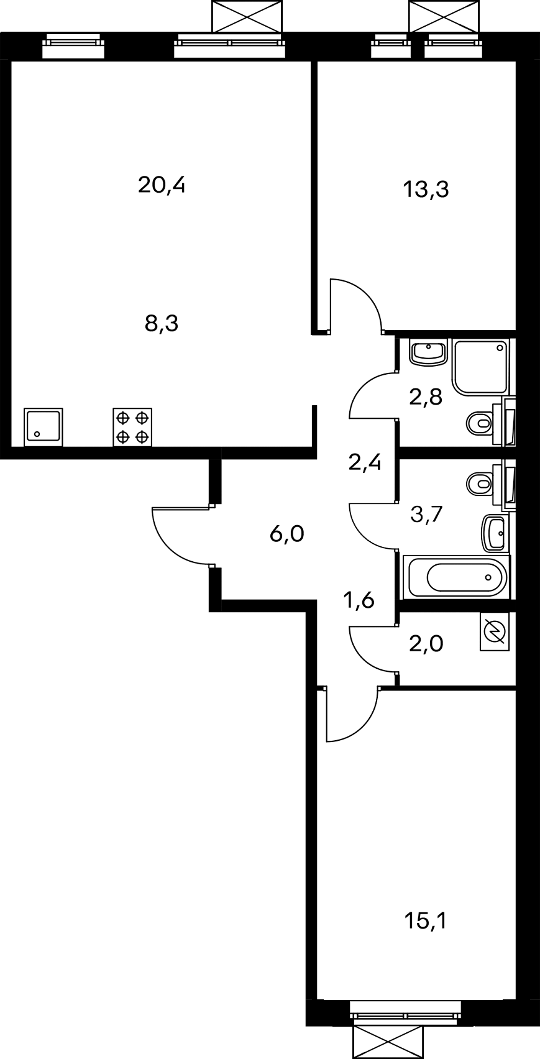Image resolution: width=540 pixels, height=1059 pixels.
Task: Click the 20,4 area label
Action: tap(161, 185)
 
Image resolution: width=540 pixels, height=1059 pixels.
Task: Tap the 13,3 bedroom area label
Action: tap(426, 190)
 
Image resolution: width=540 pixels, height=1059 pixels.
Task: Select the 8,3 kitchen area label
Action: tap(161, 324)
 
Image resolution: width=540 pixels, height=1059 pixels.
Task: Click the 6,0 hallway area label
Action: tap(286, 534)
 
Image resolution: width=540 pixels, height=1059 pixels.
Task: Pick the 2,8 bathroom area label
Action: tap(426, 397)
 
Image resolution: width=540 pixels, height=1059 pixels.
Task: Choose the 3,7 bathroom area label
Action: tap(426, 514)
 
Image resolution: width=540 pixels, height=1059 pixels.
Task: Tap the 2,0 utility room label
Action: tap(426, 644)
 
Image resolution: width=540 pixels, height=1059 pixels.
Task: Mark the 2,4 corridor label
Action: tap(365, 462)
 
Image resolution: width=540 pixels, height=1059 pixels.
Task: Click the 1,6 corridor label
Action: tap(359, 600)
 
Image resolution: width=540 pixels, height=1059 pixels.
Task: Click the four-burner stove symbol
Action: tap(132, 427)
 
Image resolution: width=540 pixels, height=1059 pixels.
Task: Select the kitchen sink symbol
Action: tap(43, 427)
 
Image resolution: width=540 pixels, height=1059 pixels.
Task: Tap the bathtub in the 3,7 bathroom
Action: tap(456, 576)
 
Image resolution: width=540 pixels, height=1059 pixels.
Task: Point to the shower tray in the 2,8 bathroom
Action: tap(481, 367)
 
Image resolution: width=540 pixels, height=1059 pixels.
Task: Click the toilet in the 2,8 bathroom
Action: tap(485, 421)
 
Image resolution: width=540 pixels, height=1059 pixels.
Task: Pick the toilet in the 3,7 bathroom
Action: tap(485, 484)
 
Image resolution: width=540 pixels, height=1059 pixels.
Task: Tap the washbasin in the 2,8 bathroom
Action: tap(428, 352)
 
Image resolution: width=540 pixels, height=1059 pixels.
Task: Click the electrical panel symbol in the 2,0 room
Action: tap(495, 632)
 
